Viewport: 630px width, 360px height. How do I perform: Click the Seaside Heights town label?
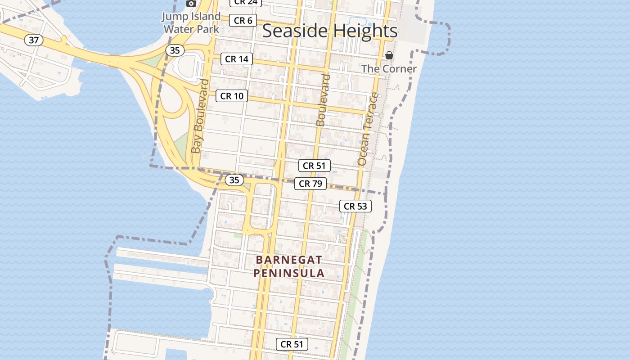coord(330,31)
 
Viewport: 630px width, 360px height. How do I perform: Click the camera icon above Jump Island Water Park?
coord(191,4)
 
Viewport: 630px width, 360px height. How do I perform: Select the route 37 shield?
coord(34,40)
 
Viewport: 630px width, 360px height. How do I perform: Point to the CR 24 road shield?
coord(245,2)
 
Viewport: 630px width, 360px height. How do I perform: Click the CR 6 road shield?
coord(243,21)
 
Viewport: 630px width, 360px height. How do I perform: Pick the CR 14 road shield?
coord(237,59)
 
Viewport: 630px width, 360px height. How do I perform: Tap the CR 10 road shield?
coord(232,96)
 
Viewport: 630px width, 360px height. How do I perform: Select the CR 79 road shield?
coord(310,183)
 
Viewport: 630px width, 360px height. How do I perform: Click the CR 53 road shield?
coord(355,206)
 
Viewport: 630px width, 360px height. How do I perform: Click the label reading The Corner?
coord(389,69)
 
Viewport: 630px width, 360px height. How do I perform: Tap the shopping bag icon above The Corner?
coord(389,56)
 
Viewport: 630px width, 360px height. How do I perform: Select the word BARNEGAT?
coord(289,260)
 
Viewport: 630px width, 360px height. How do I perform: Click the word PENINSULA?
coord(289,273)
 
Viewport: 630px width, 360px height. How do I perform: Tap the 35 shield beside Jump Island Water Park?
coord(175,50)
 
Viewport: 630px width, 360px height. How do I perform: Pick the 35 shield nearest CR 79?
coord(234,180)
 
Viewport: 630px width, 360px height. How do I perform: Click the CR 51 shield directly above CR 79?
coord(315,166)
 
